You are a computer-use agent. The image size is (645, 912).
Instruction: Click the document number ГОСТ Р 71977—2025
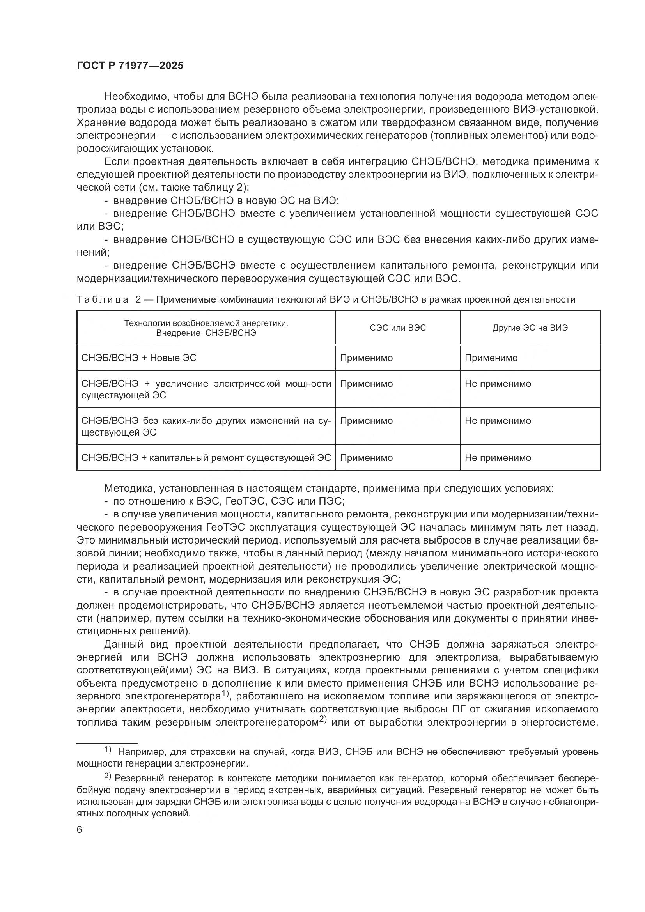pyautogui.click(x=130, y=66)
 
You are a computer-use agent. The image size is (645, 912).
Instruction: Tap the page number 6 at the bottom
pyautogui.click(x=80, y=830)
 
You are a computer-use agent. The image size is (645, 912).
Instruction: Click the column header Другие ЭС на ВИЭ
pyautogui.click(x=530, y=328)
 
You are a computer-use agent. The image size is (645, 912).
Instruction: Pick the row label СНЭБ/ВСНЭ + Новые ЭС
pyautogui.click(x=138, y=358)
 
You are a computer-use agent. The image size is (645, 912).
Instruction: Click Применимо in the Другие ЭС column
pyautogui.click(x=491, y=358)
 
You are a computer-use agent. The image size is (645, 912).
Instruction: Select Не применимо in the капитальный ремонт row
pyautogui.click(x=498, y=458)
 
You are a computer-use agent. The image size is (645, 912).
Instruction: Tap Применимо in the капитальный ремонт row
pyautogui.click(x=366, y=458)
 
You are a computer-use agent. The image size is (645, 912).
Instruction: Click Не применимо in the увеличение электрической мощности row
pyautogui.click(x=498, y=384)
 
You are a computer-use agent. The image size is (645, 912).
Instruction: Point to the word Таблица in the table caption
pyautogui.click(x=103, y=299)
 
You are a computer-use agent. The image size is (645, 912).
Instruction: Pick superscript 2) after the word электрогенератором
pyautogui.click(x=322, y=719)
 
